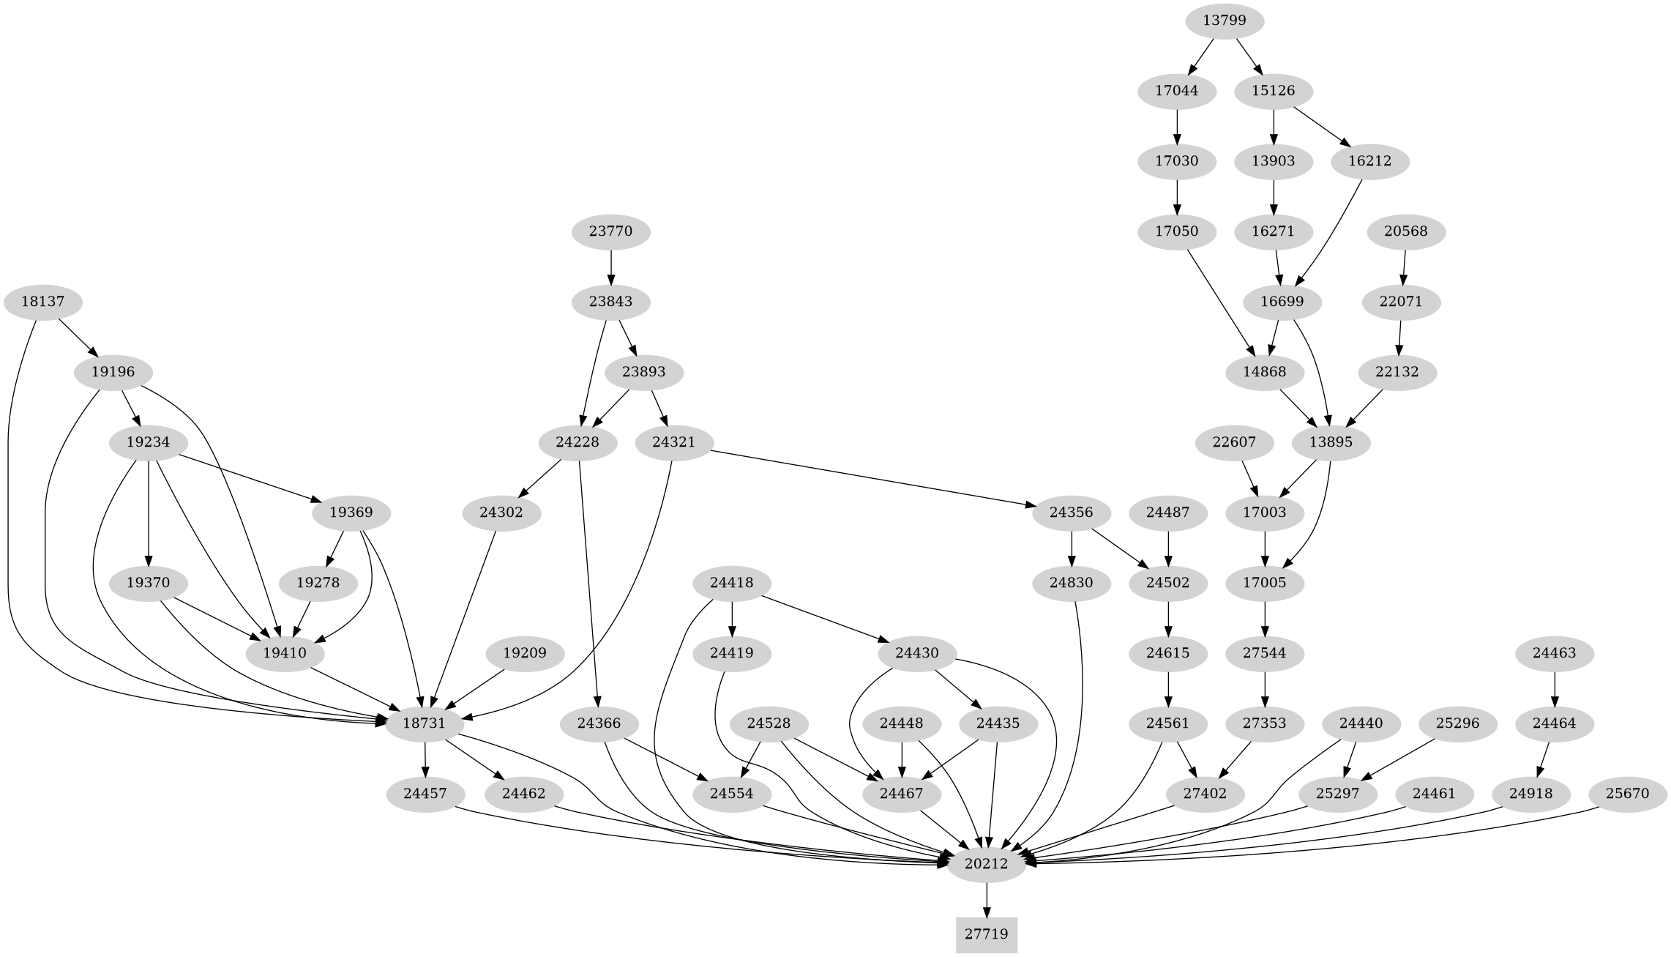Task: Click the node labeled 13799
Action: tap(1224, 21)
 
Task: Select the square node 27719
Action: tap(986, 934)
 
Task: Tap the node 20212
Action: tap(986, 864)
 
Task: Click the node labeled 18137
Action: tap(41, 302)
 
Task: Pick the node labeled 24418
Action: tap(733, 583)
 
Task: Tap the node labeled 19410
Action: tap(284, 653)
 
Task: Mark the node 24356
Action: tap(1071, 513)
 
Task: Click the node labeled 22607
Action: tap(1234, 442)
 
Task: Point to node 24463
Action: tap(1554, 653)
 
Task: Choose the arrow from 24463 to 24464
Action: tap(1554, 688)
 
